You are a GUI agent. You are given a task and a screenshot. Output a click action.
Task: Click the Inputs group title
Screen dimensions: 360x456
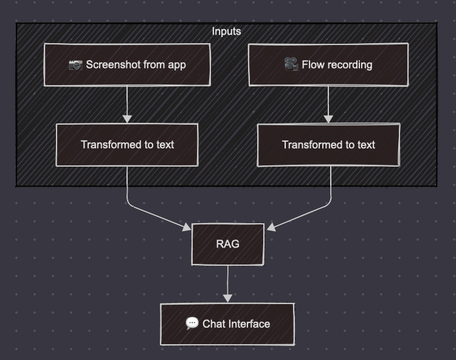tap(226, 31)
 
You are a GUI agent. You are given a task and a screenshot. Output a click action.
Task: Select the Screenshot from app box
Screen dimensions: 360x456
tap(127, 64)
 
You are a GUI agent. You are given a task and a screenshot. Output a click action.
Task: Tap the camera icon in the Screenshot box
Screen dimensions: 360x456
tap(75, 64)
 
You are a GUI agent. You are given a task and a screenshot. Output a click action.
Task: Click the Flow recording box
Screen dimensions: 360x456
tap(328, 64)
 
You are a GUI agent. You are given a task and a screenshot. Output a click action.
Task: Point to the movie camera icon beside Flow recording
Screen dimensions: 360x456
tap(291, 64)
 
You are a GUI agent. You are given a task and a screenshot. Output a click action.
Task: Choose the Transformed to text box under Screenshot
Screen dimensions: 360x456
tap(127, 145)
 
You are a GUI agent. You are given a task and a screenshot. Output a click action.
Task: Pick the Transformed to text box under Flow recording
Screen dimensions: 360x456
tap(328, 145)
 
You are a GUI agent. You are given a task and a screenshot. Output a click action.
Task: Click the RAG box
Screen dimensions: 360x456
tap(227, 244)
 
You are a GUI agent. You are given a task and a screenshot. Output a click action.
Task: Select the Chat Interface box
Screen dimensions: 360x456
tap(227, 324)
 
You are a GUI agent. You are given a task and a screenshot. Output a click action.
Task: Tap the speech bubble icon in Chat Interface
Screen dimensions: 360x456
tap(192, 324)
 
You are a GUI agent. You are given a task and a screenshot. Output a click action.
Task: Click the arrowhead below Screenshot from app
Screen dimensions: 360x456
tap(127, 118)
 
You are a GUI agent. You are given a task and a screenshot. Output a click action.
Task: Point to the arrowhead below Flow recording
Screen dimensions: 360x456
tap(328, 118)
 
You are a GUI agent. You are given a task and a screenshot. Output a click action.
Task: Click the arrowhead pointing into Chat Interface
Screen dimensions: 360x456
tap(227, 297)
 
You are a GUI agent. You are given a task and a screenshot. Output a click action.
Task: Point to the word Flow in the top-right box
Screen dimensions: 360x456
tap(312, 64)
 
